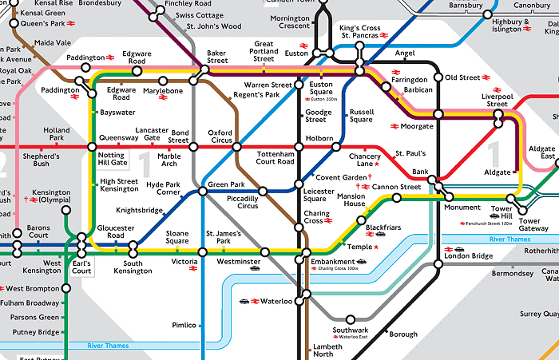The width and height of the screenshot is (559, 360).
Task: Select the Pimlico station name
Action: pyautogui.click(x=183, y=326)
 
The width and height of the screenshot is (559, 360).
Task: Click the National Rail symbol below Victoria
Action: pyautogui.click(x=193, y=269)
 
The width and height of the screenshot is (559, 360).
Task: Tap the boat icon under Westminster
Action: pyautogui.click(x=255, y=269)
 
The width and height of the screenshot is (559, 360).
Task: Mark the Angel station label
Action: pyautogui.click(x=405, y=53)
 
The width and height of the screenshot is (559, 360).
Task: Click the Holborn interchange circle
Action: pyautogui.click(x=299, y=148)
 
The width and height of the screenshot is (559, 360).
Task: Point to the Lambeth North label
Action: pyautogui.click(x=327, y=350)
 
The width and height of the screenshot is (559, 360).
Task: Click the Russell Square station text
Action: pyautogui.click(x=361, y=116)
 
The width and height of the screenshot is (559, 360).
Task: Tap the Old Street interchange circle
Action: pyautogui.click(x=438, y=77)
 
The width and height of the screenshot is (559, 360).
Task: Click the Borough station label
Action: pyautogui.click(x=402, y=334)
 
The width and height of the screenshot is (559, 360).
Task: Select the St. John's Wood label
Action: pyautogui.click(x=213, y=26)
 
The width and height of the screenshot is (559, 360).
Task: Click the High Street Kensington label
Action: pyautogui.click(x=120, y=185)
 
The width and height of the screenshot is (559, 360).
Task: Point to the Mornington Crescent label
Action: pyautogui.click(x=290, y=22)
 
